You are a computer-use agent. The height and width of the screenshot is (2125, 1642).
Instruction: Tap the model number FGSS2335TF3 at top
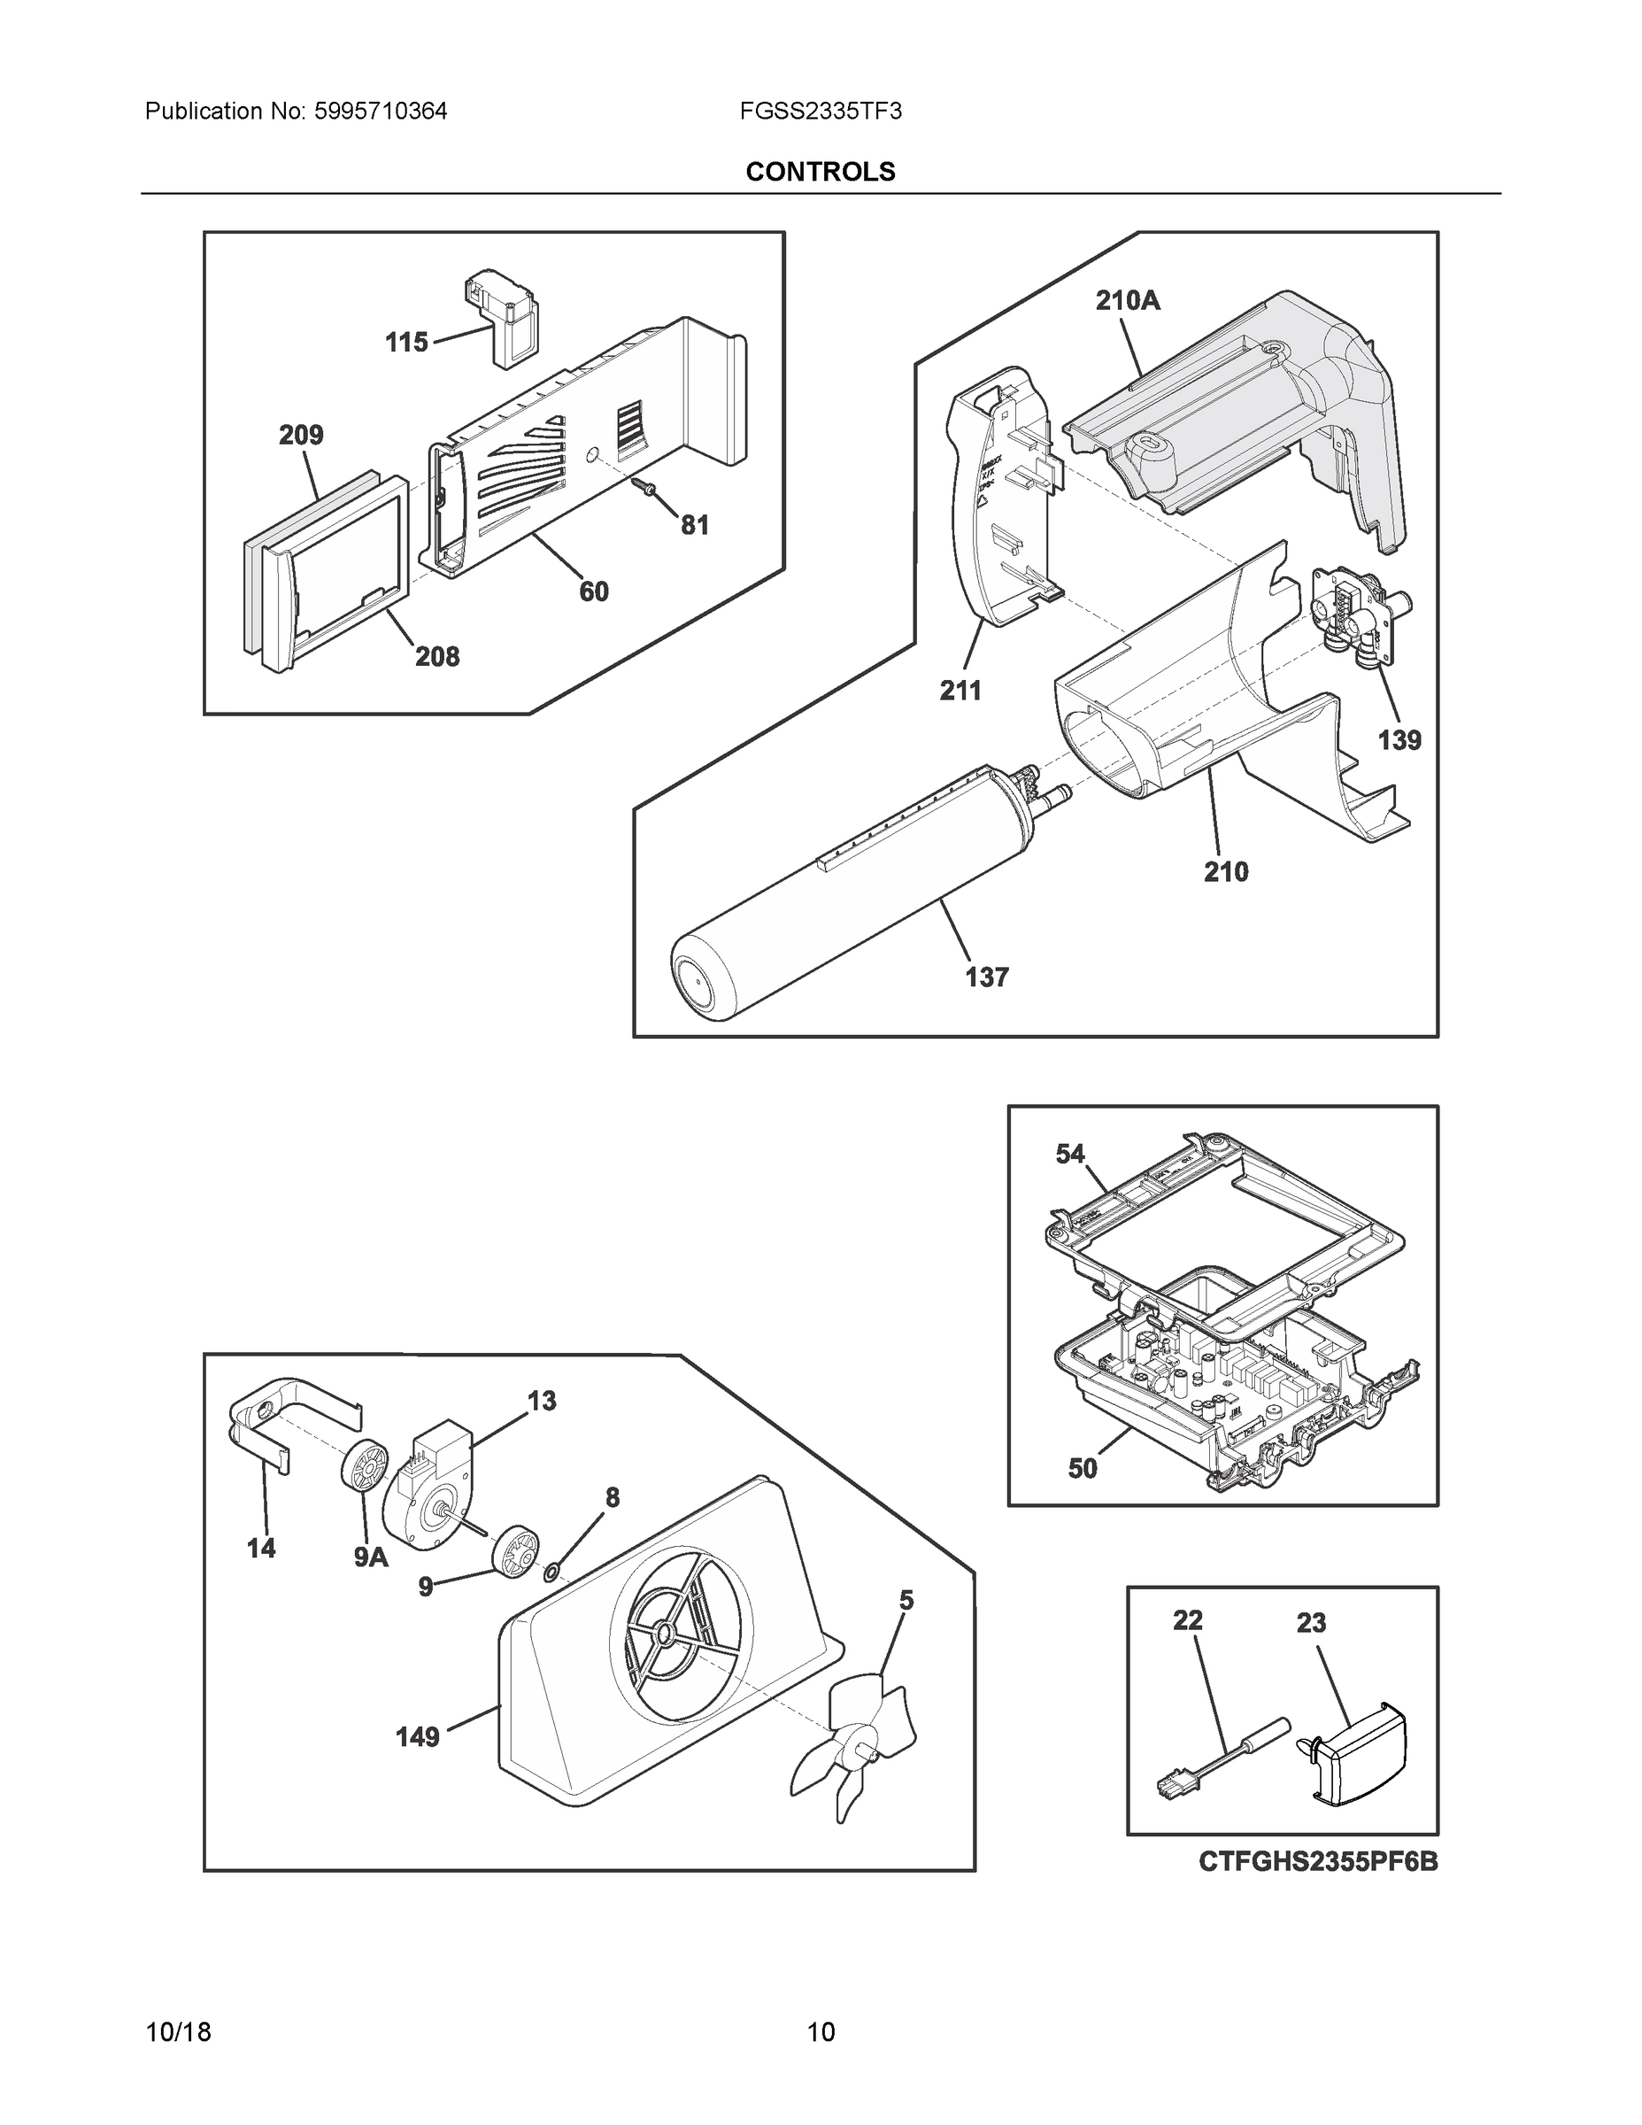coord(820,111)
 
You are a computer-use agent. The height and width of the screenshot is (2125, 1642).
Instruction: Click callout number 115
coord(405,343)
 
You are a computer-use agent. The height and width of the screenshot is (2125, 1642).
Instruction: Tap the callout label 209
coord(301,435)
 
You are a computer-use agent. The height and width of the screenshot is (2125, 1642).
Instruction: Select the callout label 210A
coord(1128,301)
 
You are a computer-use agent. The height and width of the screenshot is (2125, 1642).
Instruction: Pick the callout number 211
coord(960,691)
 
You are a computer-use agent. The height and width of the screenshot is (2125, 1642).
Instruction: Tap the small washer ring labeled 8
coord(551,1571)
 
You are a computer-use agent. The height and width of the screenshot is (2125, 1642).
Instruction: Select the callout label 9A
coord(371,1557)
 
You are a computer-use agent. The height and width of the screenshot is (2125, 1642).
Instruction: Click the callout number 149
coord(417,1737)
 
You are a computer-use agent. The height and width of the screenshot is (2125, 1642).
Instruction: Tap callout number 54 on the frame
coord(1070,1154)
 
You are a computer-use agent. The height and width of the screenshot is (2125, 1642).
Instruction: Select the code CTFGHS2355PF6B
coord(1317,1861)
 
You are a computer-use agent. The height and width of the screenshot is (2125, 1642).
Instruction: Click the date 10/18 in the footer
coord(178,2033)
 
